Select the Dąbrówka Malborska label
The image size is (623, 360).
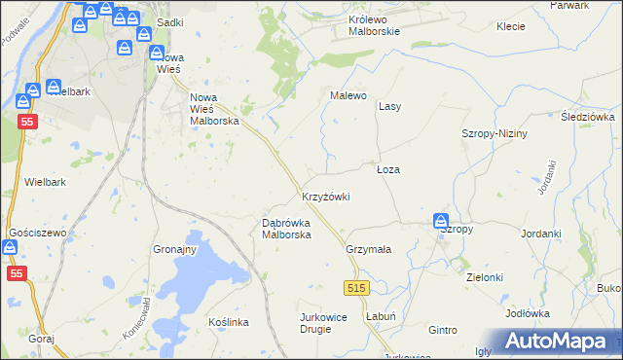286,229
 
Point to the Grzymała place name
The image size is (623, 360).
368,249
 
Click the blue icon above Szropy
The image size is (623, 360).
440,222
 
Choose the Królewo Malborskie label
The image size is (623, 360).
382,25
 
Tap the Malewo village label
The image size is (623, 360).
348,95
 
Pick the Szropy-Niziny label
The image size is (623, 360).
494,133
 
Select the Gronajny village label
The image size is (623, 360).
175,249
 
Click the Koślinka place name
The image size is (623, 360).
230,322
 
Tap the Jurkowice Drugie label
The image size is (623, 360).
327,324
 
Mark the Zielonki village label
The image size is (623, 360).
484,277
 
